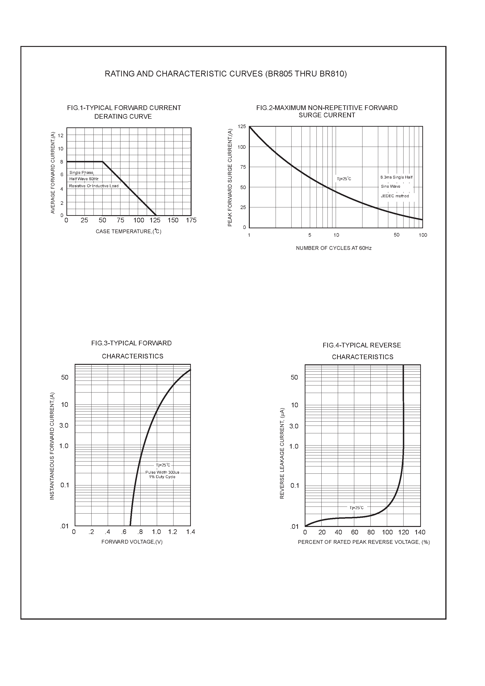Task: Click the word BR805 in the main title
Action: click(280, 74)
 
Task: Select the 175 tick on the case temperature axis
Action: click(191, 220)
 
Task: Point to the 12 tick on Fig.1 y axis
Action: click(61, 136)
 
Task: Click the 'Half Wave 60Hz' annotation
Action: click(84, 179)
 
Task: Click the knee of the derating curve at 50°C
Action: click(103, 162)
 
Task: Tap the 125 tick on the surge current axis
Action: click(242, 127)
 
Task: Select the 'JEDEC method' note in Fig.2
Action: click(395, 196)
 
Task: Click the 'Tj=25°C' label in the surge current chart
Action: click(344, 179)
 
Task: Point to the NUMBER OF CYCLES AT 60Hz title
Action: click(334, 248)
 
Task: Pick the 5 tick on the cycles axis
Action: click(310, 235)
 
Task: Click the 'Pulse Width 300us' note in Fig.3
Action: click(162, 472)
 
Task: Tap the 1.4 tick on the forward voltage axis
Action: click(190, 532)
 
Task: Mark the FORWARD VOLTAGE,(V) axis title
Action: click(132, 542)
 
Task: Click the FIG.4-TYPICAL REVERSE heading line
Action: click(362, 345)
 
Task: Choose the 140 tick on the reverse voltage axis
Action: click(420, 532)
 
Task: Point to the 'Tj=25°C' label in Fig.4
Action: click(356, 508)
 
